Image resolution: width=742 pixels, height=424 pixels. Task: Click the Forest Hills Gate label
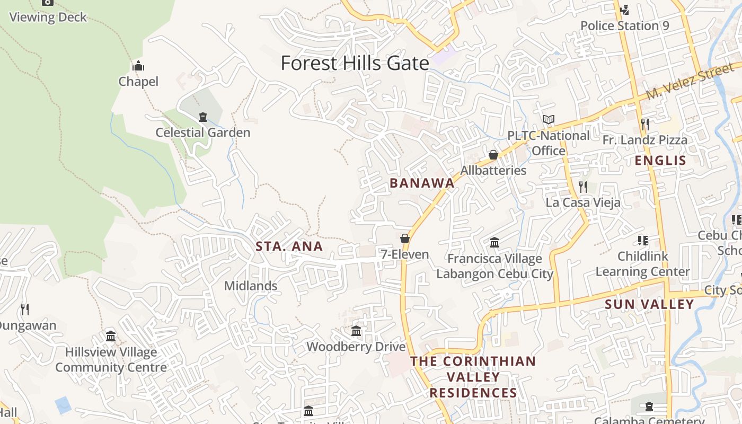(x=355, y=63)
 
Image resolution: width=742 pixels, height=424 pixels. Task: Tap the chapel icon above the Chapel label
(x=138, y=66)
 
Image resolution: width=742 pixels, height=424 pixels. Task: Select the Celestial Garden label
(x=202, y=132)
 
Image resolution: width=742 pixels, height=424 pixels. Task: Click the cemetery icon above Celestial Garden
(x=202, y=117)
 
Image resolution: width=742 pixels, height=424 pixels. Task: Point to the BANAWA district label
(x=422, y=183)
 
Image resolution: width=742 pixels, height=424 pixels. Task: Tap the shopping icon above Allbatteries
(x=493, y=155)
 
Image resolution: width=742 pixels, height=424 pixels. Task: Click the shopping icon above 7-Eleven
(x=405, y=238)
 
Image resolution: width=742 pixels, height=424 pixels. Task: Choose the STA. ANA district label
(x=289, y=246)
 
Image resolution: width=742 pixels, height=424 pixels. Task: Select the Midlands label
(x=251, y=286)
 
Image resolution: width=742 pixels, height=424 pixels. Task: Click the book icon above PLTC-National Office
(x=549, y=120)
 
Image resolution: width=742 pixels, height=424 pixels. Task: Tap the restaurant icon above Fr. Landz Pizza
(x=644, y=125)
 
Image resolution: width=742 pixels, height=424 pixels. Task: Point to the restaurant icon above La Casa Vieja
(x=583, y=187)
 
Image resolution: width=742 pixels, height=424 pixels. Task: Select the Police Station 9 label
(x=624, y=25)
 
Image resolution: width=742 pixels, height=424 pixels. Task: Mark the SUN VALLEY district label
(x=649, y=304)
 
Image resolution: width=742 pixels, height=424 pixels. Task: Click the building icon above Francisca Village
(x=494, y=243)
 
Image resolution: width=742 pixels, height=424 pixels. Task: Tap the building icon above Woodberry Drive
(x=356, y=331)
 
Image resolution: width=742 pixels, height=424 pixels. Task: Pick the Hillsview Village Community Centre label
(x=111, y=359)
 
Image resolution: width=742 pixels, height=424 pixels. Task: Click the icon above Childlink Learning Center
(x=643, y=241)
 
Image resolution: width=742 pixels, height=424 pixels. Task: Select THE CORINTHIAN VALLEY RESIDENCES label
(x=473, y=377)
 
